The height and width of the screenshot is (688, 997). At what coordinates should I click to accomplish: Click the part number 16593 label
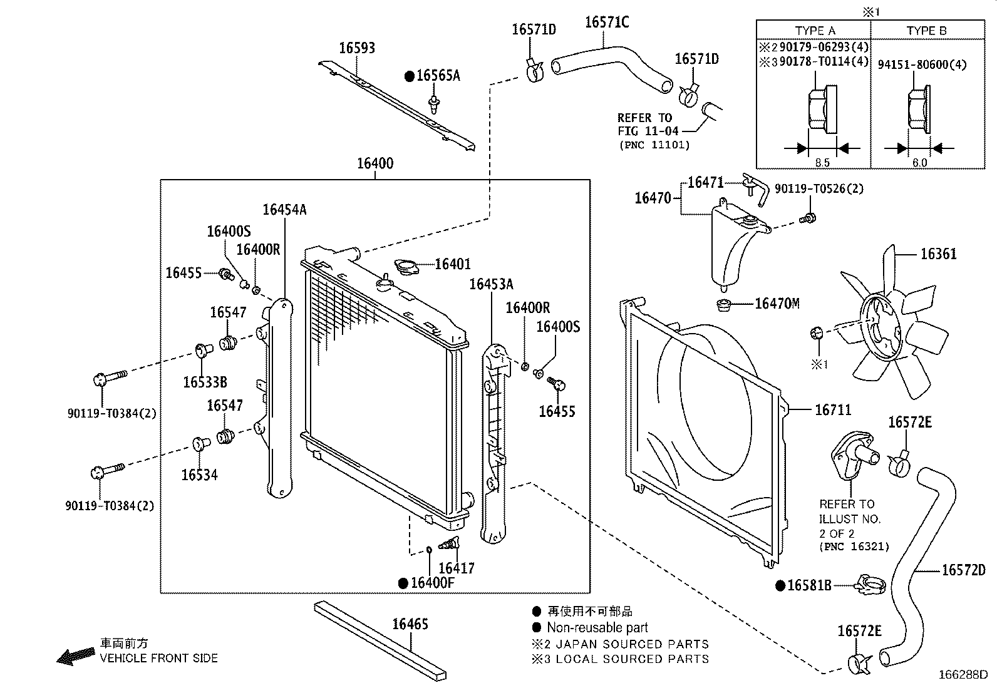click(357, 48)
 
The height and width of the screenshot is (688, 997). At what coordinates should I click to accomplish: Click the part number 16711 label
click(833, 410)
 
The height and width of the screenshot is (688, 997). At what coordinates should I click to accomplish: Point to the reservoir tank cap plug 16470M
click(724, 305)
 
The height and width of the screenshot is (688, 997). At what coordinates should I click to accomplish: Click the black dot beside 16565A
click(410, 76)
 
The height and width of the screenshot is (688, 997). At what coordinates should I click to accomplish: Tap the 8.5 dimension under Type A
click(822, 163)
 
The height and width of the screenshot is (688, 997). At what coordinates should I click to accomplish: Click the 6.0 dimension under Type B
click(919, 163)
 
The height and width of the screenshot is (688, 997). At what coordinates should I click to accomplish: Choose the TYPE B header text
click(926, 31)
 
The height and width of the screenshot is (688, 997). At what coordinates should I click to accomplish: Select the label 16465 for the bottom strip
click(410, 624)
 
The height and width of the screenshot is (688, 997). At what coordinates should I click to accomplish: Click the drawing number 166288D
click(963, 675)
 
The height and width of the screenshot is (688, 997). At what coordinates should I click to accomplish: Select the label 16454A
click(284, 210)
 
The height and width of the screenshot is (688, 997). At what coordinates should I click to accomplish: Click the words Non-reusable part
click(597, 627)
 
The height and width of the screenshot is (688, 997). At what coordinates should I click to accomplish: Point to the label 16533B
click(205, 382)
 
